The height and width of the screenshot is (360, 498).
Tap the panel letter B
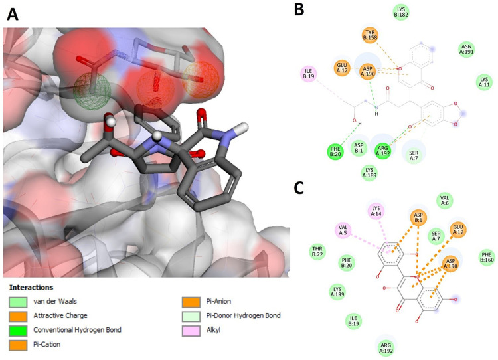point(299,9)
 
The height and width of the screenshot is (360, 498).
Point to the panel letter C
point(301,188)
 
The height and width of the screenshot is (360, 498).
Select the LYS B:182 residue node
point(401,11)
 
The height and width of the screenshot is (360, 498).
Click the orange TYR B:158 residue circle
point(371,35)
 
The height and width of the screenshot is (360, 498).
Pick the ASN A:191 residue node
point(467,48)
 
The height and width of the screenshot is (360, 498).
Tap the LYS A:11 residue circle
point(485,82)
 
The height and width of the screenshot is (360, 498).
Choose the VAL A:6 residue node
point(445,199)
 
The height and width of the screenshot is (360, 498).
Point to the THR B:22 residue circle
point(318,251)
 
